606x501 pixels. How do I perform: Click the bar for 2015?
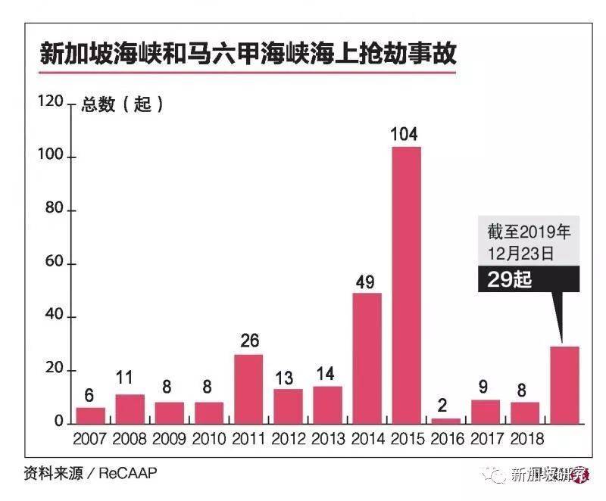click(406, 285)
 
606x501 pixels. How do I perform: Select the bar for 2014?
click(367, 358)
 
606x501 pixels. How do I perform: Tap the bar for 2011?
click(248, 389)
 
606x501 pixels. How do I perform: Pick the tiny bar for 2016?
click(445, 421)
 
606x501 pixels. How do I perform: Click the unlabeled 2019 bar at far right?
click(564, 385)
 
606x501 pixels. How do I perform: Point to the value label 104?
click(405, 135)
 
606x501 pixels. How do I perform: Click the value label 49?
click(366, 282)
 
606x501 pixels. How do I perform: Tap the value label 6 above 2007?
click(90, 396)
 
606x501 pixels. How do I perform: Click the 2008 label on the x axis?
click(130, 439)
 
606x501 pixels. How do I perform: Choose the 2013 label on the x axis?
click(327, 439)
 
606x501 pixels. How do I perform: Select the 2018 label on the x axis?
click(524, 439)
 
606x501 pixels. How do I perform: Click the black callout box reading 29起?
click(528, 279)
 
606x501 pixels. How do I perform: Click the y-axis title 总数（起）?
click(122, 104)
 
